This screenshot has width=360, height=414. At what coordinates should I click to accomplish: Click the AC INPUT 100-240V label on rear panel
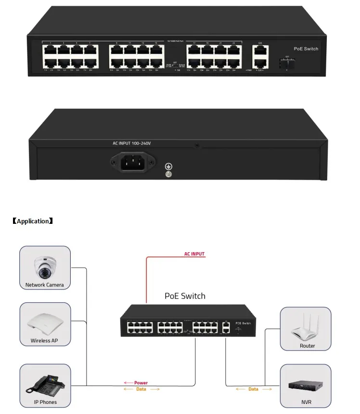[x=132, y=143]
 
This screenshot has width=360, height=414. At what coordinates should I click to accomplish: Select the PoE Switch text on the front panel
[x=306, y=49]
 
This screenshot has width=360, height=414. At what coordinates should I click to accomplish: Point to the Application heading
[x=32, y=221]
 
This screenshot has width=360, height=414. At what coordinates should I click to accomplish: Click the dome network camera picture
[x=45, y=267]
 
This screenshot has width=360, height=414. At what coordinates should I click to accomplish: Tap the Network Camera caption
[x=45, y=285]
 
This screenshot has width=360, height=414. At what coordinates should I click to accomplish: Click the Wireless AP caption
[x=44, y=341]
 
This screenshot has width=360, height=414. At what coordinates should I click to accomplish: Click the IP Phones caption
[x=45, y=402]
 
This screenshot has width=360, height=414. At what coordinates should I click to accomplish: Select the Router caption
[x=307, y=346]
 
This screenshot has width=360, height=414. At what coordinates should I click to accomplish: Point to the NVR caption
[x=306, y=402]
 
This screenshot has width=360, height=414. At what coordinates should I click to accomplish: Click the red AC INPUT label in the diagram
[x=194, y=254]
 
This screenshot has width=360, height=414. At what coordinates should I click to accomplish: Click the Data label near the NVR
[x=253, y=389]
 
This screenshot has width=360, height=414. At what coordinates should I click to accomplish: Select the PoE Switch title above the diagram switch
[x=185, y=296]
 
